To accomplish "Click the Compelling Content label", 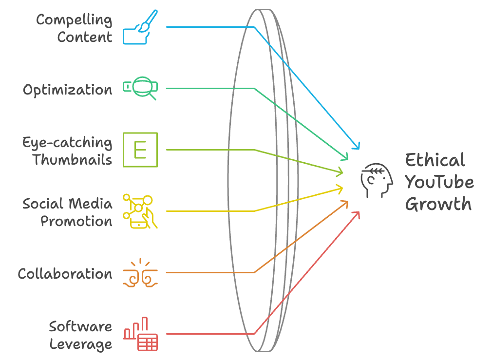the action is click(74, 28).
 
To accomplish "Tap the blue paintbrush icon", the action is click(140, 27).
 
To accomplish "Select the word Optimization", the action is click(67, 90).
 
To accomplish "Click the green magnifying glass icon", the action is click(140, 88).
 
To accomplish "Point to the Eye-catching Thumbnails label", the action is click(67, 151).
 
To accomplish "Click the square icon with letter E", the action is click(140, 150).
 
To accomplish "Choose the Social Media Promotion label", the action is click(67, 212).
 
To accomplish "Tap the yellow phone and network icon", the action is click(140, 211).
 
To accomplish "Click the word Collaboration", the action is click(65, 274).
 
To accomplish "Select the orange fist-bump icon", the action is click(140, 273).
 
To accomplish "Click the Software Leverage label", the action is click(80, 335).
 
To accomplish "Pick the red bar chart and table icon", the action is click(140, 334).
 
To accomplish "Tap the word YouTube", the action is click(439, 182).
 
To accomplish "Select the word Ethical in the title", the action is click(435, 160).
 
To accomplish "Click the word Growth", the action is click(438, 204).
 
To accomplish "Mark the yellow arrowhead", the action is click(340, 189).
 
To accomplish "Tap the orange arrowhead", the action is click(345, 204).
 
